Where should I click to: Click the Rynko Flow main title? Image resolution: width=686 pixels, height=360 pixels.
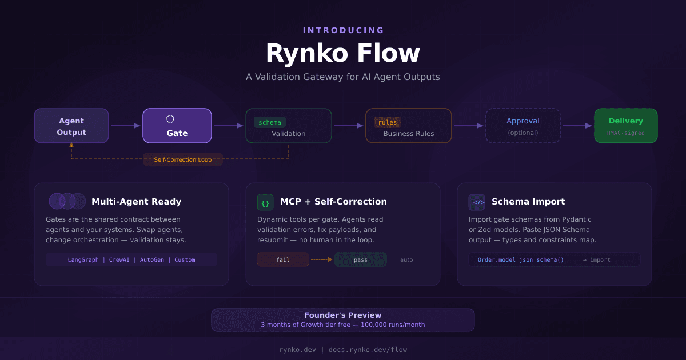(342, 54)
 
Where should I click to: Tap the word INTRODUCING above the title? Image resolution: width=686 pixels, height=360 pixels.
(344, 30)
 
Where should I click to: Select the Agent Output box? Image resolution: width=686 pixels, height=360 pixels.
(71, 126)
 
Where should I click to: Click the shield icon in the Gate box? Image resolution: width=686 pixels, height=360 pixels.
(170, 119)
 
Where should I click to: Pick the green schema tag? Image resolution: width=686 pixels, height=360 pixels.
(270, 122)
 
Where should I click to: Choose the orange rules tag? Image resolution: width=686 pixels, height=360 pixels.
(388, 122)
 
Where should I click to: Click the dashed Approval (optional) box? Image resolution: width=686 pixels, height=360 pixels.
(523, 126)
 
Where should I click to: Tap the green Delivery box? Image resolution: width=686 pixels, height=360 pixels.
(625, 126)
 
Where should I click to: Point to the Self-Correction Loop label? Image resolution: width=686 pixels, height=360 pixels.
(183, 159)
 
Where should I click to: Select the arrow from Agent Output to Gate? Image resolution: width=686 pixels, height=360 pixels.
(125, 126)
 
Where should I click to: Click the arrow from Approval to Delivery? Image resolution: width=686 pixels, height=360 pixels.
(577, 126)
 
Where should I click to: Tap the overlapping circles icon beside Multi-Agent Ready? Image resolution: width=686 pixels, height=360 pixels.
(67, 201)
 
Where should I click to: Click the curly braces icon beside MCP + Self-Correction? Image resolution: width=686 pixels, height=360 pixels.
(265, 202)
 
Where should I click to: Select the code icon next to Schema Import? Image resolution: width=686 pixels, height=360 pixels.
(477, 202)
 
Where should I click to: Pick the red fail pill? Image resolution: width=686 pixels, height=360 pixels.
(283, 259)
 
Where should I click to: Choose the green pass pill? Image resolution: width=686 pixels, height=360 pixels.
(361, 259)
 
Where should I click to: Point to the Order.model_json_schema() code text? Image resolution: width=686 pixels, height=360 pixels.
(521, 259)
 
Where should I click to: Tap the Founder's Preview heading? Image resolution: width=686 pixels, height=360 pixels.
(342, 315)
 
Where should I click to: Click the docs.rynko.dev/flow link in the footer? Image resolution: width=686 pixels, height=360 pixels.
(368, 350)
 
